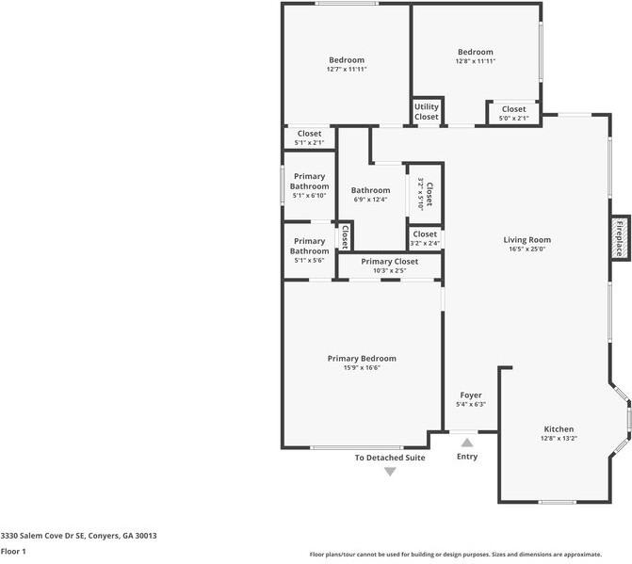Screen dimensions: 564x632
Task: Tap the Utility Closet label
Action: [426, 111]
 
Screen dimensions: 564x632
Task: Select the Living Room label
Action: [527, 240]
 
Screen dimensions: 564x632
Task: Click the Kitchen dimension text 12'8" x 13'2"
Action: [558, 438]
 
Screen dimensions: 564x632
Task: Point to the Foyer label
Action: [470, 395]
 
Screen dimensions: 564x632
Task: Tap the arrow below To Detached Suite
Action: [390, 472]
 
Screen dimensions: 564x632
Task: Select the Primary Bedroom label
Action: [362, 358]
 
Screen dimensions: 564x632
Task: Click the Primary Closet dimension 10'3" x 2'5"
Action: [389, 270]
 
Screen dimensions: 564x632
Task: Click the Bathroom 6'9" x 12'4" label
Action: [371, 194]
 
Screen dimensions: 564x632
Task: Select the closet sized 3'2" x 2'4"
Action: [425, 238]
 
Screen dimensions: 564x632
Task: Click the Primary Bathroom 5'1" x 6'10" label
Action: [309, 185]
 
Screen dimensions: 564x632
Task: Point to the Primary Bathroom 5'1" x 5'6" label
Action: [309, 250]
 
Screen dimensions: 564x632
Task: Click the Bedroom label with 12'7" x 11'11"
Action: [347, 64]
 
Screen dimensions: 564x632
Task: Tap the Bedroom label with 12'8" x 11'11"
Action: [476, 56]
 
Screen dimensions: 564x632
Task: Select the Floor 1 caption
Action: [13, 551]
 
